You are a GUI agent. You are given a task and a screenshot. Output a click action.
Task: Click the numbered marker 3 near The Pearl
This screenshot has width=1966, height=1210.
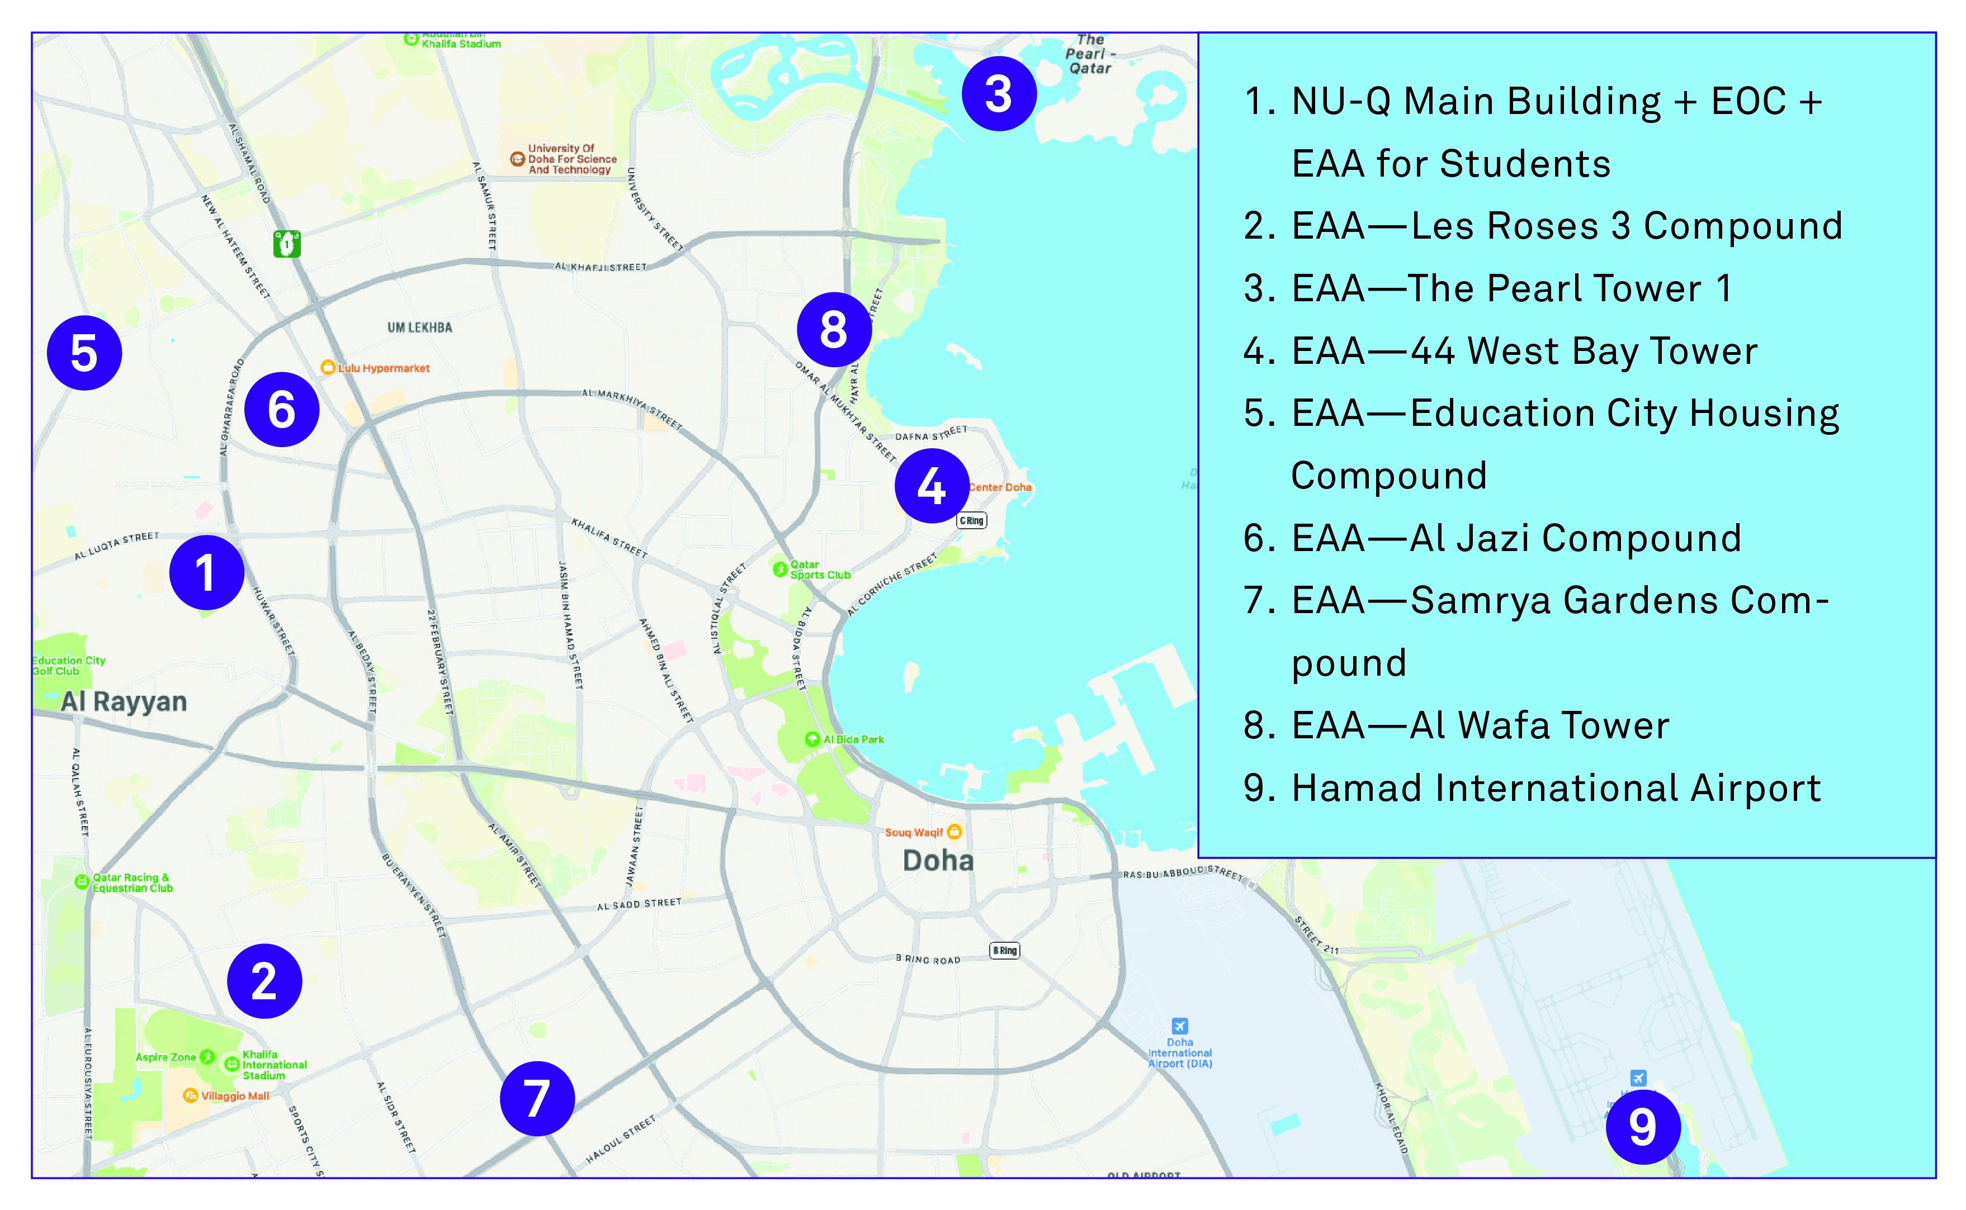tap(998, 94)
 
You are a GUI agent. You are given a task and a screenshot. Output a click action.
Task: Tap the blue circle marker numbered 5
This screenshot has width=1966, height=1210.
tap(84, 353)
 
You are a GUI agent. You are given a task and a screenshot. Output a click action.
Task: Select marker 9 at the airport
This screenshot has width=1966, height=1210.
tap(1642, 1127)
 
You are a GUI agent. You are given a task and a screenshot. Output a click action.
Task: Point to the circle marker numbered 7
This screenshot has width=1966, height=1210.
tap(537, 1098)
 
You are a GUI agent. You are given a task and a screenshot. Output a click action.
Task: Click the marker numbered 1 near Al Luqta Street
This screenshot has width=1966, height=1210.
tap(206, 573)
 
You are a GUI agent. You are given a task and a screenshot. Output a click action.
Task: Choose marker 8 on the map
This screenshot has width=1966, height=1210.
tap(833, 329)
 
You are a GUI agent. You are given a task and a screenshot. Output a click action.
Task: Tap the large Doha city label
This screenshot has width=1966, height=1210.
tap(938, 861)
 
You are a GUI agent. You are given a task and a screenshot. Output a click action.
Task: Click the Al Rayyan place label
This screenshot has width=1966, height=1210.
tap(124, 702)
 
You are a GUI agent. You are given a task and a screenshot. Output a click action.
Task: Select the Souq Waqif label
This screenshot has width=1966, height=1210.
tap(914, 832)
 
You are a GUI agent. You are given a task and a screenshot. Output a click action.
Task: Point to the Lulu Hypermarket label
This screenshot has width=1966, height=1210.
tap(382, 368)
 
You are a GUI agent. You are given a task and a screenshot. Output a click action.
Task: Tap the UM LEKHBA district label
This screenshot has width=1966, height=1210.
tap(419, 328)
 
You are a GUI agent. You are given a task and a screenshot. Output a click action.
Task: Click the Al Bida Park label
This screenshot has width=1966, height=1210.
tap(853, 739)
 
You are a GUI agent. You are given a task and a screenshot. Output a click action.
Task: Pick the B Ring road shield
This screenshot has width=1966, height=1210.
tap(1005, 951)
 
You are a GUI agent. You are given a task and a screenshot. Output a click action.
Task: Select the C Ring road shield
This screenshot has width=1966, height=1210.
tap(972, 520)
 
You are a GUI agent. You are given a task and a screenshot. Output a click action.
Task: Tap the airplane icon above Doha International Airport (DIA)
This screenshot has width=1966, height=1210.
tap(1179, 1026)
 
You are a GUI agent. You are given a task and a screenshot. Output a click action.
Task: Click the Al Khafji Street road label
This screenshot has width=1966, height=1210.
tap(601, 267)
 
